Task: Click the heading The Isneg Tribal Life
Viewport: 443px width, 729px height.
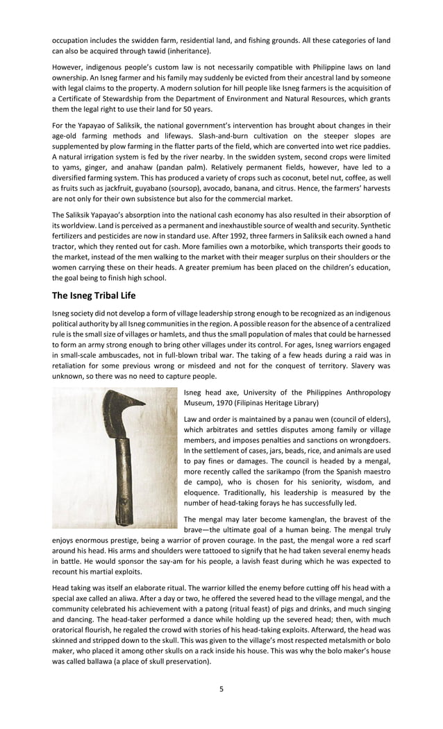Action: tap(94, 295)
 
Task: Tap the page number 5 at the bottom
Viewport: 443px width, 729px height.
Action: tap(221, 689)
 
